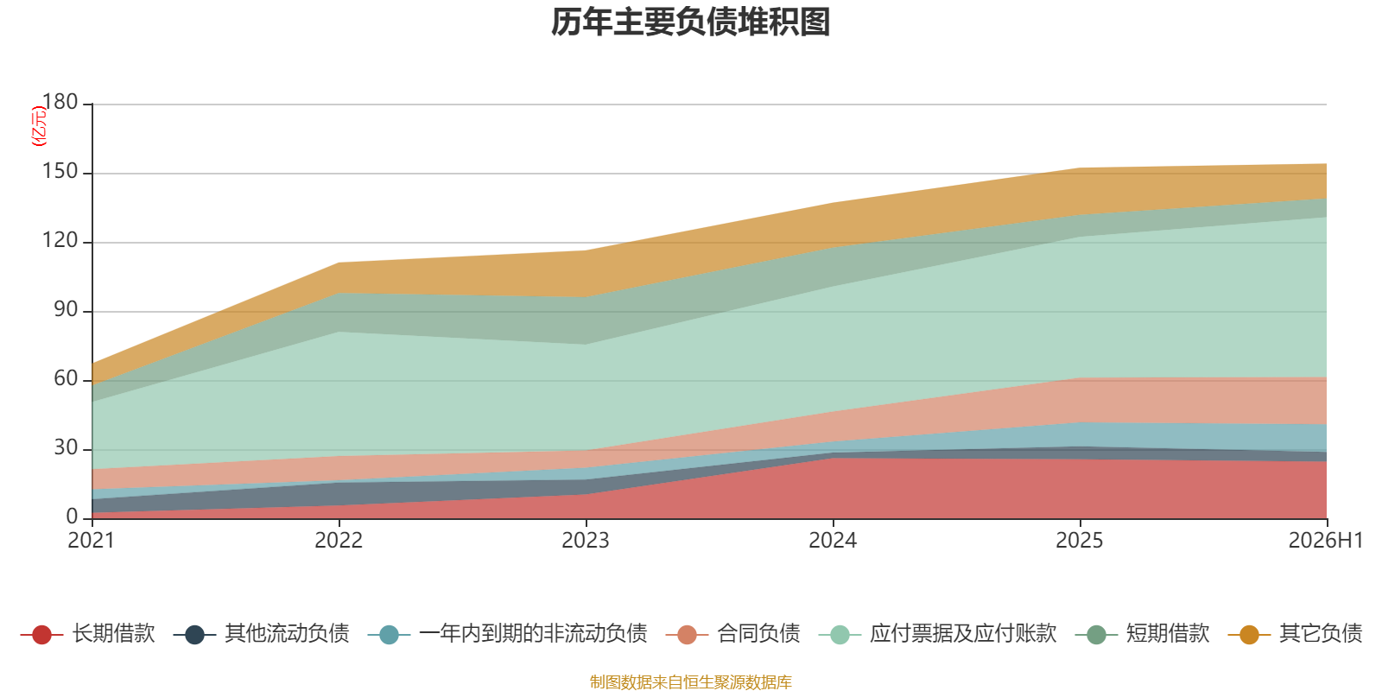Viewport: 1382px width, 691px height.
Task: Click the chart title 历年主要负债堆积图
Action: [690, 22]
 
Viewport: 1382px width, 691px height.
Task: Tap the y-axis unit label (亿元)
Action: [38, 126]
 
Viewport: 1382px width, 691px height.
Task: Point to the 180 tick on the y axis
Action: [60, 102]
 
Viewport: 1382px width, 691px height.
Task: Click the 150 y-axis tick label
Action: [60, 171]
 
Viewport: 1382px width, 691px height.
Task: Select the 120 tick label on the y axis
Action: [60, 240]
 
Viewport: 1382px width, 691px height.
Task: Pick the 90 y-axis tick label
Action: [66, 309]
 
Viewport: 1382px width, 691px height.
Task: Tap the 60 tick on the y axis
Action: [66, 378]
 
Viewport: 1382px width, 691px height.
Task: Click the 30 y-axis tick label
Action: [66, 447]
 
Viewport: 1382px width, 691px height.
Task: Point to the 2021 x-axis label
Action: [92, 541]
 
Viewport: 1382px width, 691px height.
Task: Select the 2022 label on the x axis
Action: [339, 541]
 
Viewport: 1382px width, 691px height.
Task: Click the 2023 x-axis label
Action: [586, 541]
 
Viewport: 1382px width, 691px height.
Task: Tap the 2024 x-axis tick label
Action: [833, 541]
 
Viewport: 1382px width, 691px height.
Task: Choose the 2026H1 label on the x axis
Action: [1325, 541]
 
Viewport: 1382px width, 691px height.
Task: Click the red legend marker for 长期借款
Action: [41, 634]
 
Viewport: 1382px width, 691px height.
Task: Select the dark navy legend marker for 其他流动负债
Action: [194, 634]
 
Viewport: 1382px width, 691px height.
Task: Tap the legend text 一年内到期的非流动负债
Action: [533, 634]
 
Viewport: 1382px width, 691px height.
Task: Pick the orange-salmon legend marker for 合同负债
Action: [687, 634]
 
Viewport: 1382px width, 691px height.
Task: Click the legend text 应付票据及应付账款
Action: [963, 634]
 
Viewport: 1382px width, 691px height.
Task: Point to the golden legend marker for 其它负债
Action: [1249, 634]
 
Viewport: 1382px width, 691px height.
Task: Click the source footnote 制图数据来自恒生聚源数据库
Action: [690, 681]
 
